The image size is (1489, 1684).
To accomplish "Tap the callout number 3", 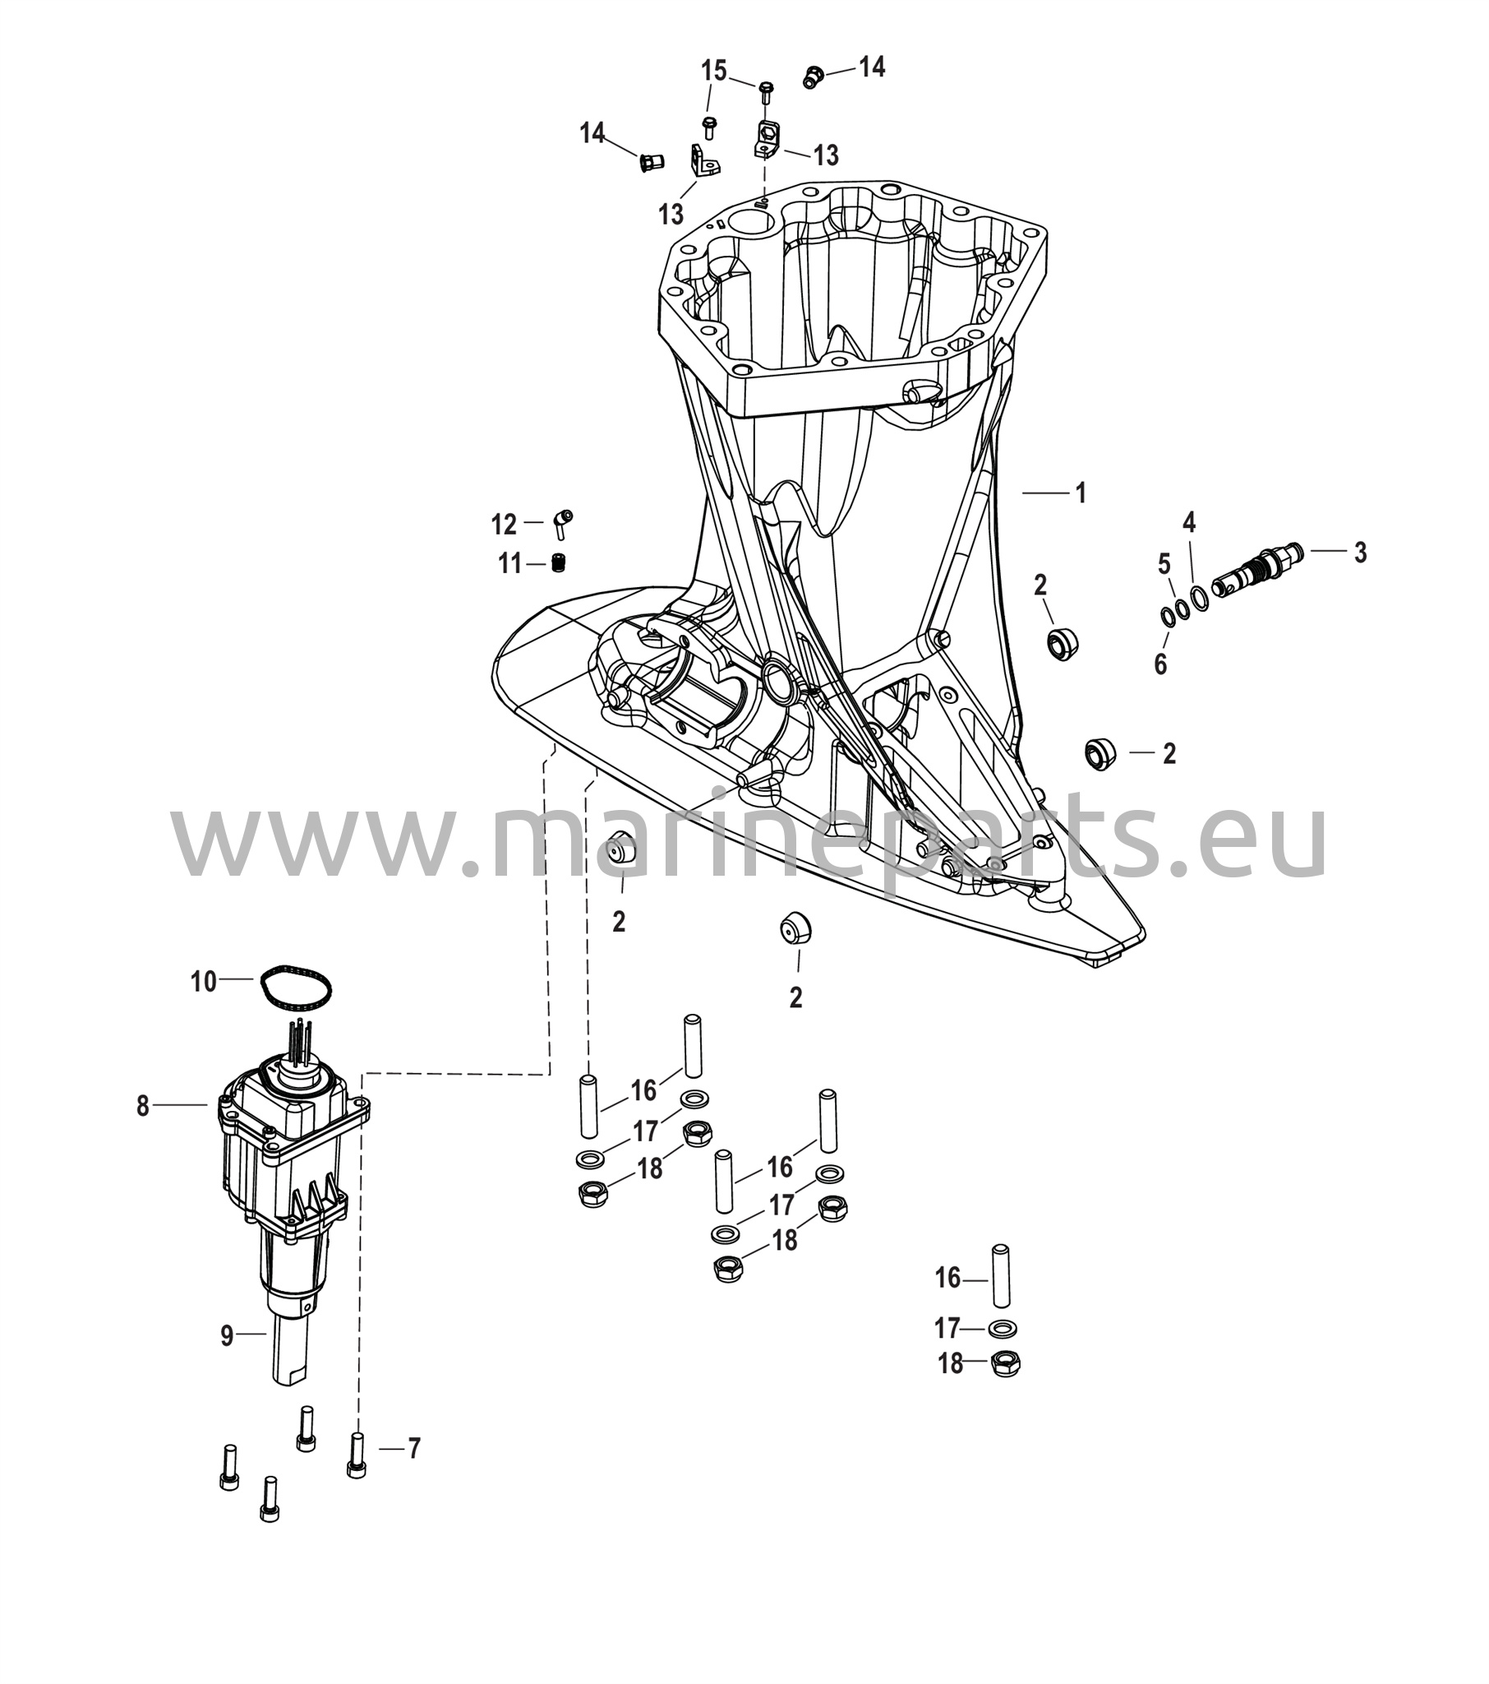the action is point(1360,552).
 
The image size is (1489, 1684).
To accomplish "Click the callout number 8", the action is point(143,1106).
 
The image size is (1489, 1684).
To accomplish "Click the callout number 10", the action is point(204,981).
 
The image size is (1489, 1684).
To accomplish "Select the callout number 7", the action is point(413,1447).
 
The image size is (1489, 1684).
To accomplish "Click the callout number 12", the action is point(504,524).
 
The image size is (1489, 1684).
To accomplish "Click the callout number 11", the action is point(509,564).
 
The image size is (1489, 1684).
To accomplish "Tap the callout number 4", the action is point(1189,522).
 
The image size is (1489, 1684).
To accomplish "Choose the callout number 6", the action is point(1160,664).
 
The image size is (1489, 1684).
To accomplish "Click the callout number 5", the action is point(1164,564).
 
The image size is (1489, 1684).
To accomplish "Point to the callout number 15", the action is point(714,71).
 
